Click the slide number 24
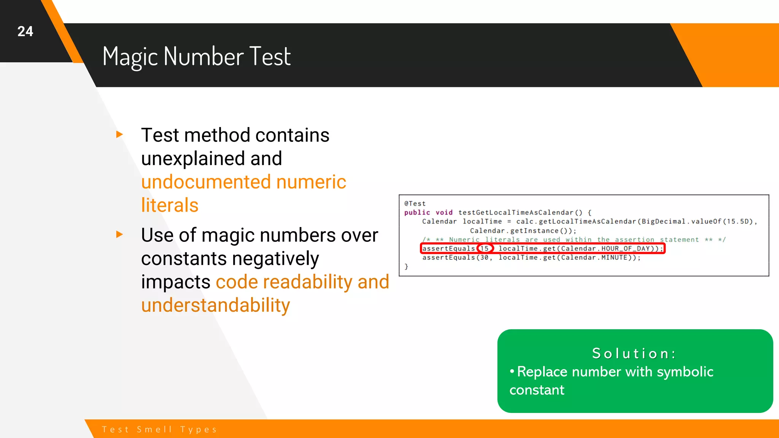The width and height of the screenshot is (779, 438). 25,31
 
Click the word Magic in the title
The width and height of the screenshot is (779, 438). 130,57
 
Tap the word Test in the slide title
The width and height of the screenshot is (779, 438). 270,57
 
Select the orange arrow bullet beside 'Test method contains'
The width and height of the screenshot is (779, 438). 119,134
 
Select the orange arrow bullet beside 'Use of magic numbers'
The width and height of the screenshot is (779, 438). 119,234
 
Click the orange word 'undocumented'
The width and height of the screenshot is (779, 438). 205,182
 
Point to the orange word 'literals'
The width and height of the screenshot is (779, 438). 170,205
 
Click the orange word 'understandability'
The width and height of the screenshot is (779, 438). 215,305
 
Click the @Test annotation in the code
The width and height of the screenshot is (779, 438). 415,203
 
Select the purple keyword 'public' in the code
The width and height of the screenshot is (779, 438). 417,213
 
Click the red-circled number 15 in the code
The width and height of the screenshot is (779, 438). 485,249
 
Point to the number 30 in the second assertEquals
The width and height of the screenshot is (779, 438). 484,257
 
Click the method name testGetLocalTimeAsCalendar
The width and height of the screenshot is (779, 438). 515,213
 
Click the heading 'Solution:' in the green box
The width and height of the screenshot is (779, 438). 634,354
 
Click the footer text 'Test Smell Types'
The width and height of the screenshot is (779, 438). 159,429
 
